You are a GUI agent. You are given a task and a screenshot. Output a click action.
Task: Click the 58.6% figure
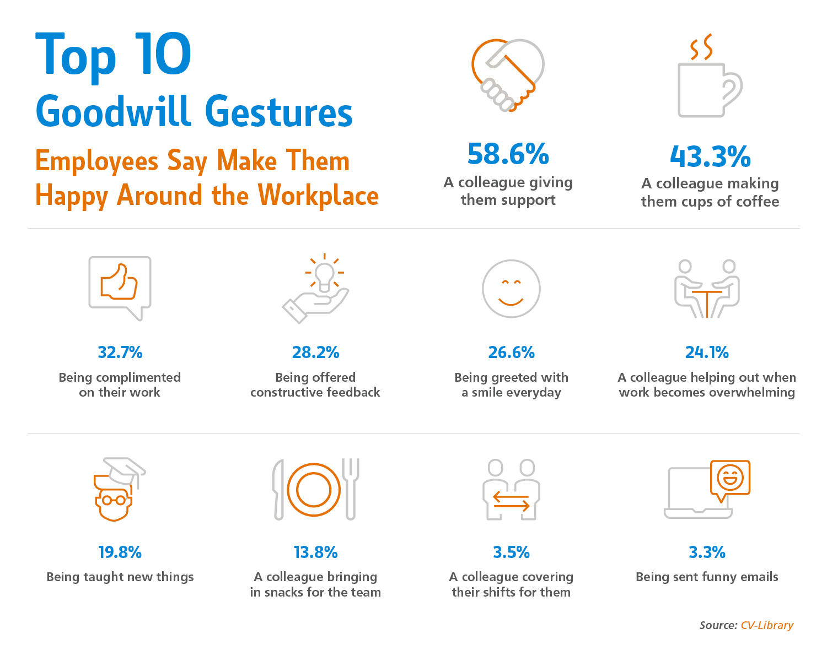click(508, 155)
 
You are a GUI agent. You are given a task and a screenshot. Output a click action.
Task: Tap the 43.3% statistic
click(710, 157)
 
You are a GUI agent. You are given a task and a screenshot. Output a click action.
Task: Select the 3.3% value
click(707, 552)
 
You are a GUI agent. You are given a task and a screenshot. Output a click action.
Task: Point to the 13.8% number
click(315, 552)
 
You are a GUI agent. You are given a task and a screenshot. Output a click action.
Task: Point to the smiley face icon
click(511, 289)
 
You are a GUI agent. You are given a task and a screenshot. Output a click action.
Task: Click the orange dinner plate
click(314, 489)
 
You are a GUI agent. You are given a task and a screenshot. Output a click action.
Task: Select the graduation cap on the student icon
click(126, 469)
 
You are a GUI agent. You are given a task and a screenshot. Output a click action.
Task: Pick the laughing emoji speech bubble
click(730, 478)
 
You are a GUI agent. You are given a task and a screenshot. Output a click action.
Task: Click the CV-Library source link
click(766, 625)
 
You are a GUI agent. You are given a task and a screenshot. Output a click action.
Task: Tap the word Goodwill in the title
click(113, 111)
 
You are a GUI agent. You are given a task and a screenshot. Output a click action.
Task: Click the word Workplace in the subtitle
click(318, 196)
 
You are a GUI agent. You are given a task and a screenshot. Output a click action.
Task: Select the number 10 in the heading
click(164, 55)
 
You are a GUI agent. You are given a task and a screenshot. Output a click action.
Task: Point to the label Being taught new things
click(120, 577)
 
